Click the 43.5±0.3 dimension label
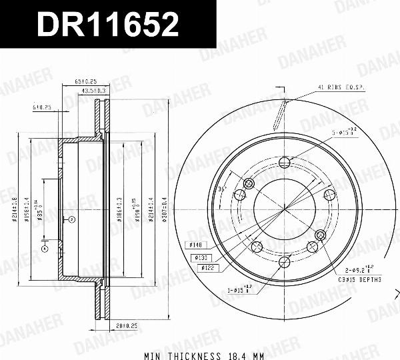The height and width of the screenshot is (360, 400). pyautogui.click(x=93, y=91)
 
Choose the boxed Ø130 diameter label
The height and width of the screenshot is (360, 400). pyautogui.click(x=201, y=257)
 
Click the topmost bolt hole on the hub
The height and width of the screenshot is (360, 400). pyautogui.click(x=284, y=162)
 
